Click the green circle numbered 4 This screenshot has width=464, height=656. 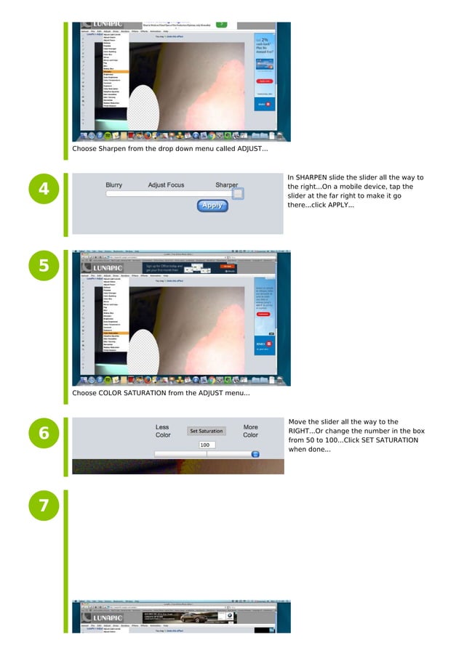point(44,190)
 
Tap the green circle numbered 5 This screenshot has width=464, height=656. point(44,265)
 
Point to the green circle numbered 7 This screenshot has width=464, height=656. point(44,506)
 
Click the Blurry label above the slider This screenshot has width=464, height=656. point(113,185)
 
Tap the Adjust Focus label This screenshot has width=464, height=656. point(166,185)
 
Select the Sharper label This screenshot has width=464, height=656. point(226,185)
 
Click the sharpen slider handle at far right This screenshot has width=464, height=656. point(238,194)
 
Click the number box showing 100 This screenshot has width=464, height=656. point(207,445)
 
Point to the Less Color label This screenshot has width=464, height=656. point(163,431)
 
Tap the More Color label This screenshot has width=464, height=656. point(250,431)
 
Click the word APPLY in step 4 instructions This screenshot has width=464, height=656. point(340,206)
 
